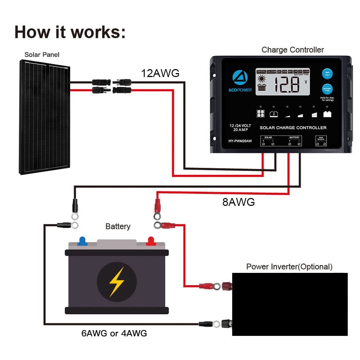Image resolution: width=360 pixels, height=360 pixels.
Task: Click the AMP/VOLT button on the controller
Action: [327, 74]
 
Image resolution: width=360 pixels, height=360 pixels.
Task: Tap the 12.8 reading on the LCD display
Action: [286, 85]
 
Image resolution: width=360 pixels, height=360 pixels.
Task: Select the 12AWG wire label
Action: [160, 73]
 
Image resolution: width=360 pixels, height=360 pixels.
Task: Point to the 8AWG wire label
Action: [238, 202]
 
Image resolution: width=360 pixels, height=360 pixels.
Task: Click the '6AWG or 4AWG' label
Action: [114, 333]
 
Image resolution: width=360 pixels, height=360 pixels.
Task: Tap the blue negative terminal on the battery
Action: [82, 240]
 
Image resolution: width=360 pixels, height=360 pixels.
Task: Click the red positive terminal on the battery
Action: [150, 241]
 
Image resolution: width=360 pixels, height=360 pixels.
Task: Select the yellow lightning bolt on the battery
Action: [117, 282]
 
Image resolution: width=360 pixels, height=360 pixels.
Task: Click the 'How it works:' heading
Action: [70, 32]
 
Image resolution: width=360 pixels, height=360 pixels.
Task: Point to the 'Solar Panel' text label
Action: [42, 55]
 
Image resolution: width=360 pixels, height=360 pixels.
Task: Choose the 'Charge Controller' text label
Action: [292, 50]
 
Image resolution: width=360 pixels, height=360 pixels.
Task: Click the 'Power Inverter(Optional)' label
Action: [289, 267]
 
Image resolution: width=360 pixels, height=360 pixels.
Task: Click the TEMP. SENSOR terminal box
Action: [320, 141]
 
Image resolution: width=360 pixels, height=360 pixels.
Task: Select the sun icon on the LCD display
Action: [261, 78]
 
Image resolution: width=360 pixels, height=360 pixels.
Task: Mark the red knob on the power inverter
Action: [226, 286]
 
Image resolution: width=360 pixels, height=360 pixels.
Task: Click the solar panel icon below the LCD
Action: [260, 114]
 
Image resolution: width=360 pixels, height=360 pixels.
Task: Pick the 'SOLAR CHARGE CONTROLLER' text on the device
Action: [293, 128]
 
